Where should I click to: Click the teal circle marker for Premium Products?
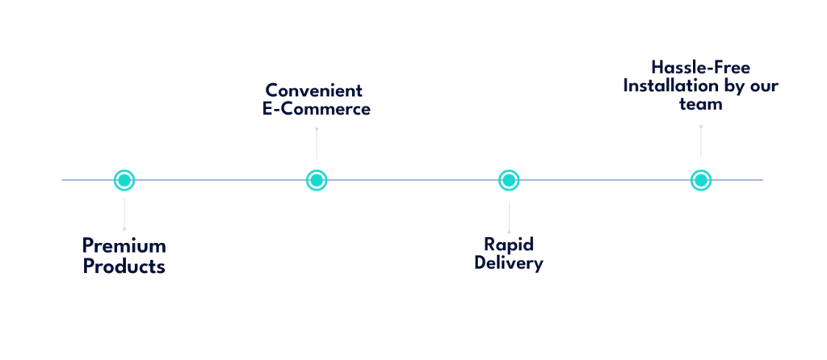pos(124,180)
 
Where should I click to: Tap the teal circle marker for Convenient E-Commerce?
pos(317,180)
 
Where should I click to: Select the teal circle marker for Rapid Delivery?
pos(508,180)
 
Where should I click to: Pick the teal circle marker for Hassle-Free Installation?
pos(701,180)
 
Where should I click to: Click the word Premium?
pos(124,245)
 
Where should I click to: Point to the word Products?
pos(124,266)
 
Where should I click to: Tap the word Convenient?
pos(314,90)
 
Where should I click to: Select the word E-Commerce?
pos(316,108)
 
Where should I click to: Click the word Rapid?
pos(509,244)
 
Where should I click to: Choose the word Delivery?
pos(509,263)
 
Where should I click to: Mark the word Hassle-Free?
pos(701,68)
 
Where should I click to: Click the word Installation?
pos(671,86)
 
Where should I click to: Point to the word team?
pos(700,105)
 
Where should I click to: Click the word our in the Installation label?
pos(763,86)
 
